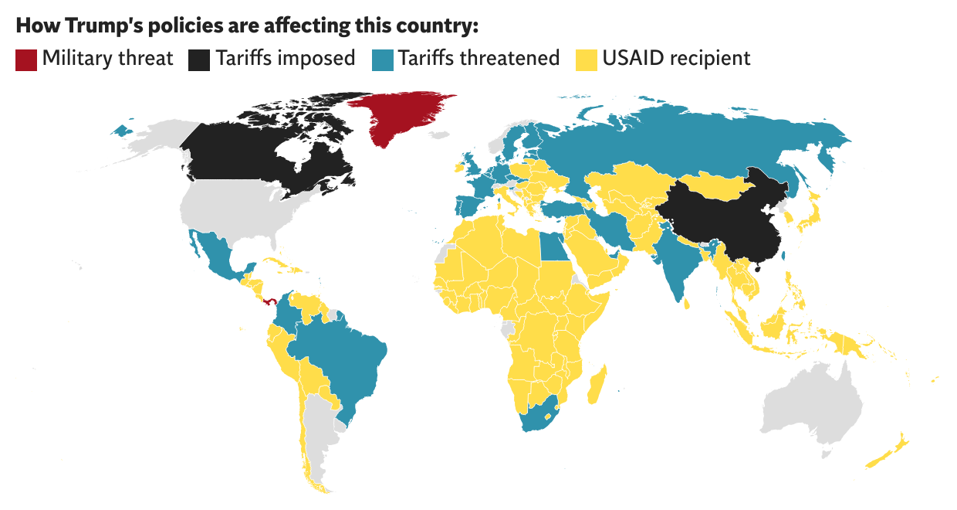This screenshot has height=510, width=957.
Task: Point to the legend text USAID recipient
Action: [x=677, y=59]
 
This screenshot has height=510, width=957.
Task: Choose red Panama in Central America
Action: [x=270, y=302]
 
